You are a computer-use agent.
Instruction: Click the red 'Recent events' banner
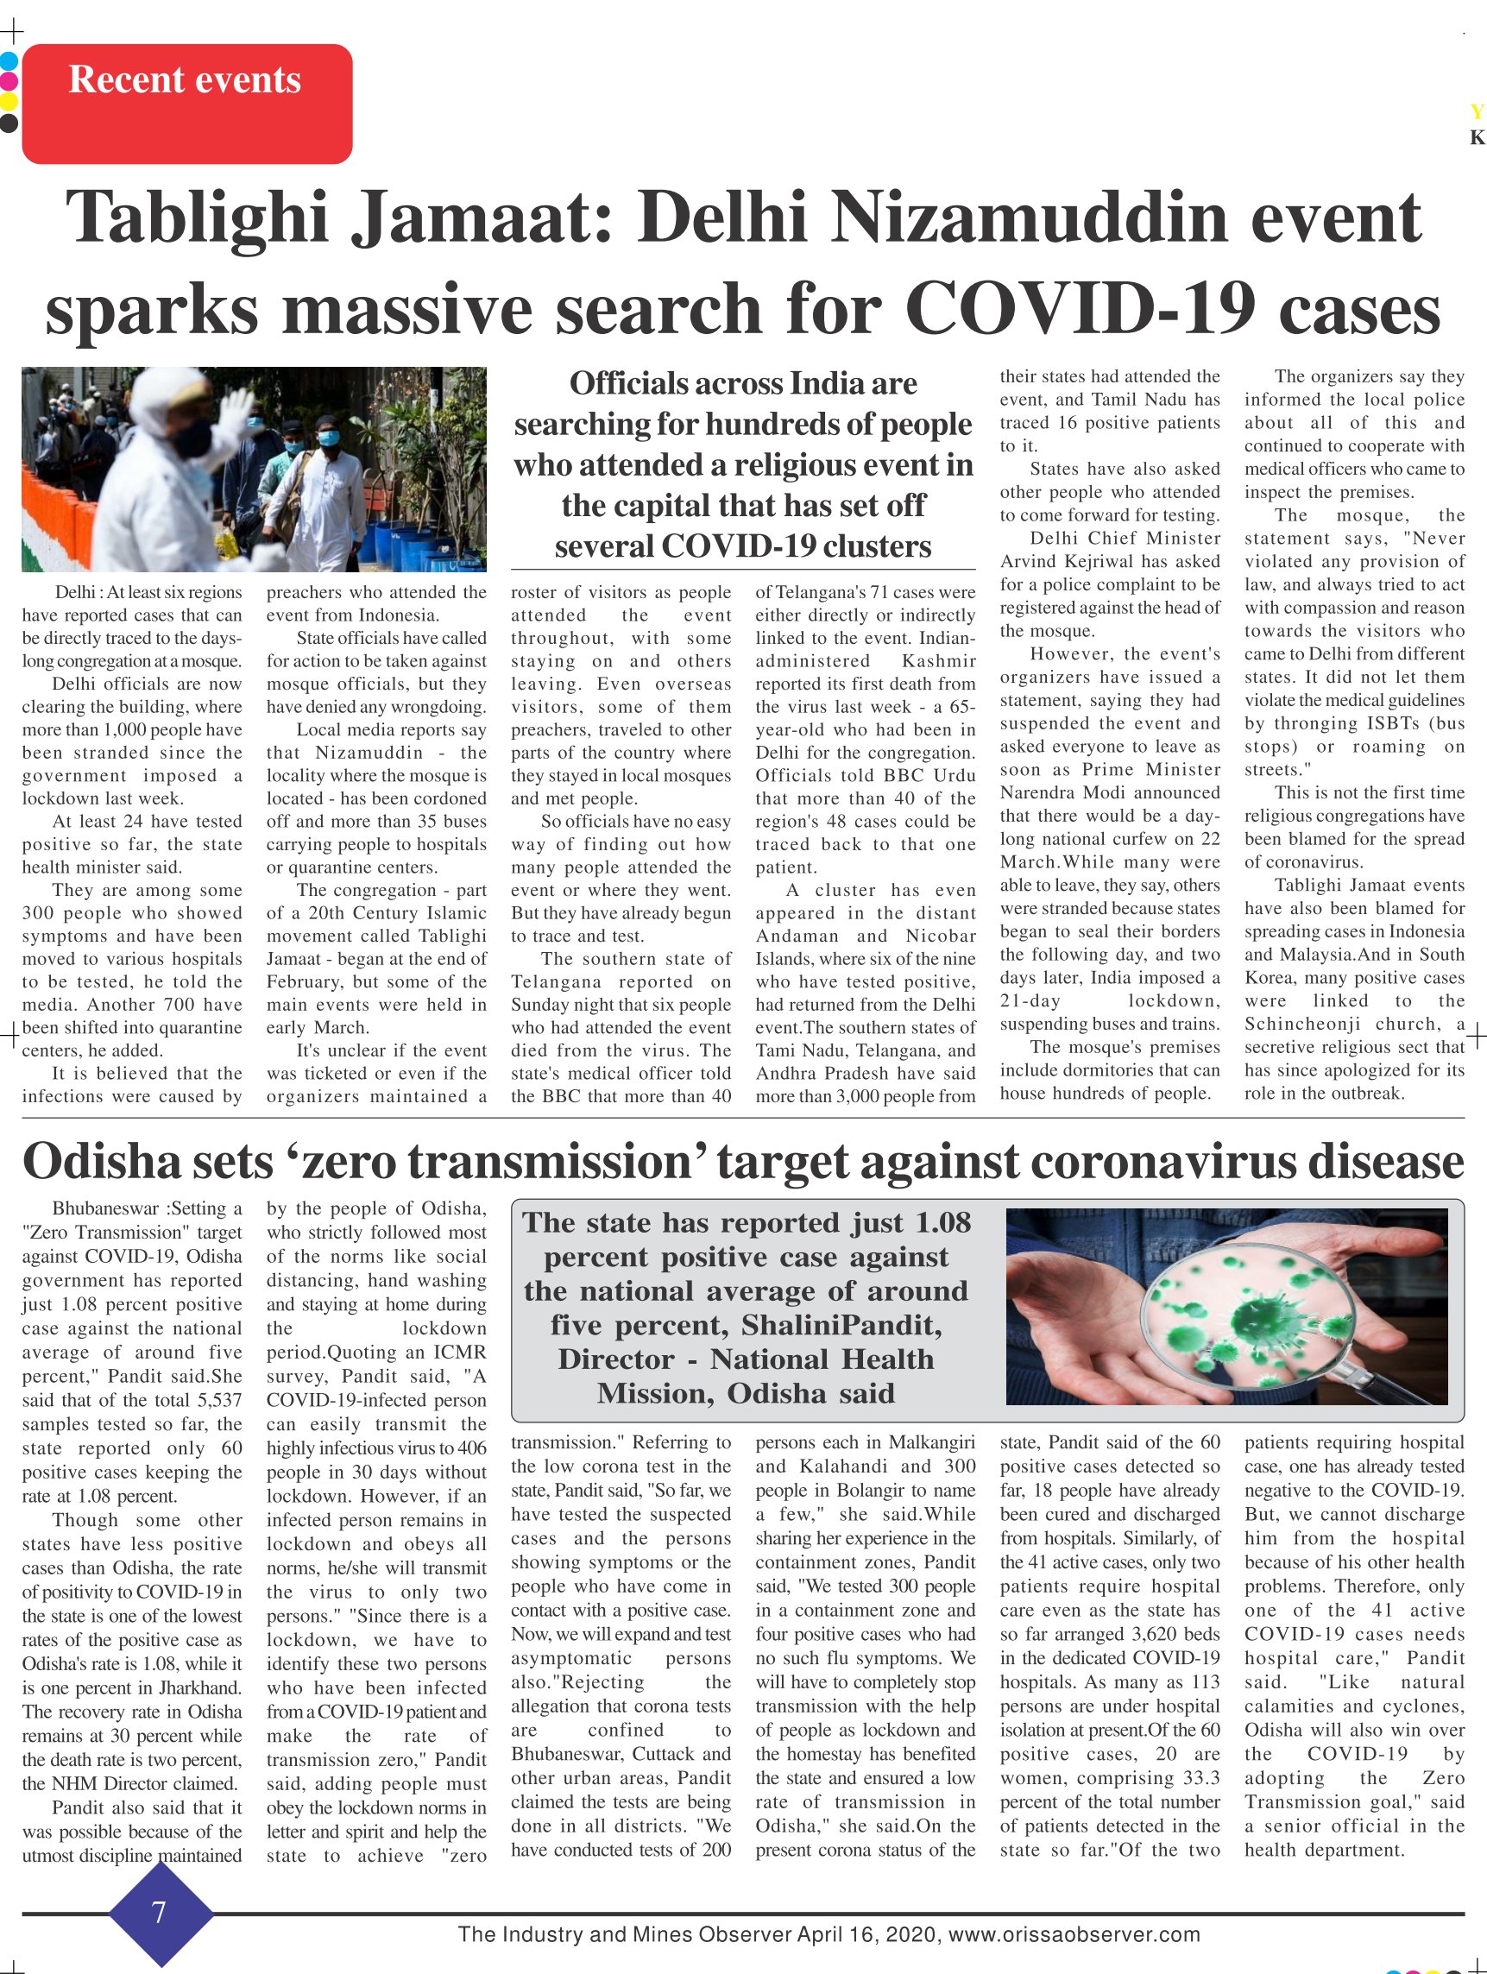coord(186,103)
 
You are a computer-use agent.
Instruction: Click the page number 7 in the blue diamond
coord(160,1912)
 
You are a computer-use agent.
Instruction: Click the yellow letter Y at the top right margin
coord(1477,111)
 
